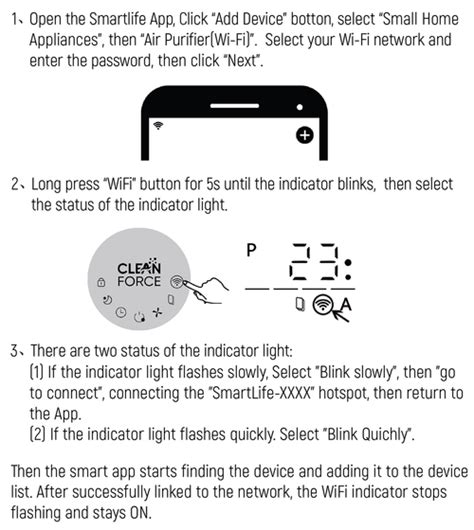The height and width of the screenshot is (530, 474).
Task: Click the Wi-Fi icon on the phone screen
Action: [158, 126]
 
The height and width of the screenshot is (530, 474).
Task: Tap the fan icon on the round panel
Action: [157, 314]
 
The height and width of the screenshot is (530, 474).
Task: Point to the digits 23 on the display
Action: [313, 266]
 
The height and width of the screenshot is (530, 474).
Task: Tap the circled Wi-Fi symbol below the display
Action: [324, 305]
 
